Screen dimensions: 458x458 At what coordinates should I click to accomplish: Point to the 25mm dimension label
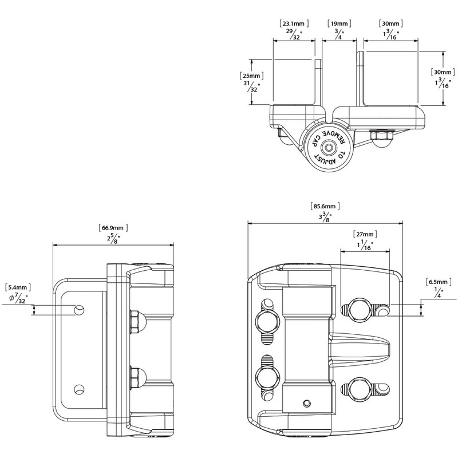tap(251, 76)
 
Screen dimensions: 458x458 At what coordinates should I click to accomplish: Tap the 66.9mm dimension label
tap(112, 227)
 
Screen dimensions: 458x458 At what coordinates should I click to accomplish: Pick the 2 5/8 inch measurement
tap(112, 238)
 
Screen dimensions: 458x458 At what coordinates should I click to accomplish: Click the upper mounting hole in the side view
tap(80, 310)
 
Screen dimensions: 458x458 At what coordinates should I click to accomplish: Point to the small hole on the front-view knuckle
tap(306, 402)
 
